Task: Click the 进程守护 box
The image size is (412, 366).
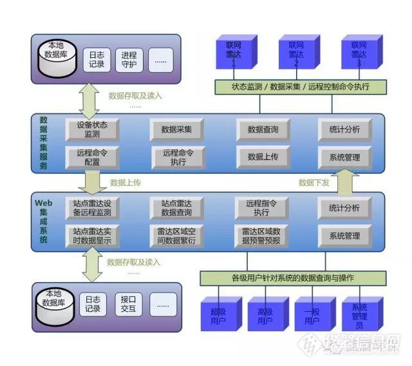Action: [128, 60]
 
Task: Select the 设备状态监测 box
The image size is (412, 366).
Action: [92, 130]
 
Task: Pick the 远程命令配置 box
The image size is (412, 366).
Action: [92, 157]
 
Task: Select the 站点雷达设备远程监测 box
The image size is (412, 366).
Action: [92, 207]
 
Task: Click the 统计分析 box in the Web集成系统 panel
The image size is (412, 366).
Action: [344, 207]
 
